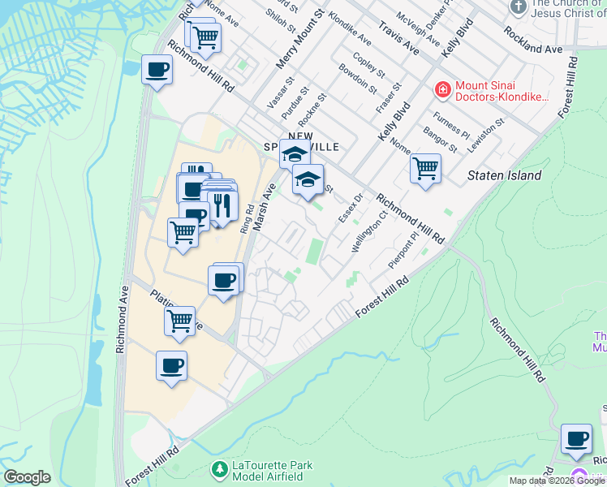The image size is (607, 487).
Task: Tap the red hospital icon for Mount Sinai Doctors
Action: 443,88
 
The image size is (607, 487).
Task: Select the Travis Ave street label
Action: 398,38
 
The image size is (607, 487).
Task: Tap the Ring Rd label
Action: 246,218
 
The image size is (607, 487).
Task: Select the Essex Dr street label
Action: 348,209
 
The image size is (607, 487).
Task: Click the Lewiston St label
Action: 489,132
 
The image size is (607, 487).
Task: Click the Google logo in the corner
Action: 28,477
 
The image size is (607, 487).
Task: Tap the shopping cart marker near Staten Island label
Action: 425,169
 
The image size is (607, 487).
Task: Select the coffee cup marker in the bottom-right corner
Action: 576,439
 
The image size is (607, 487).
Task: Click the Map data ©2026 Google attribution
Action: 557,481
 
